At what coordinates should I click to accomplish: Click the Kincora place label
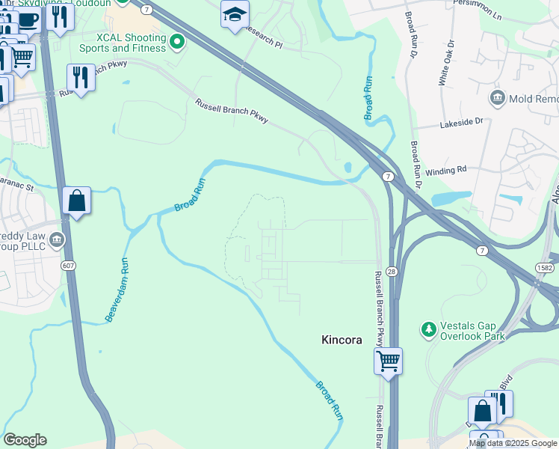pyautogui.click(x=342, y=340)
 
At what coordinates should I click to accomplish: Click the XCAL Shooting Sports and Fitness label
pyautogui.click(x=122, y=43)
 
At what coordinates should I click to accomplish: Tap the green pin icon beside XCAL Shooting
pyautogui.click(x=177, y=43)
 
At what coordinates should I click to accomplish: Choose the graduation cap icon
pyautogui.click(x=235, y=13)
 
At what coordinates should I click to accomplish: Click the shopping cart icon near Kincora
pyautogui.click(x=388, y=361)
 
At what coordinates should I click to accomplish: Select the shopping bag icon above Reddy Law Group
pyautogui.click(x=76, y=201)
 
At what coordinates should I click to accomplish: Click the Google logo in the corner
pyautogui.click(x=25, y=440)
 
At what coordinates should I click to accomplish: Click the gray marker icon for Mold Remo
pyautogui.click(x=497, y=98)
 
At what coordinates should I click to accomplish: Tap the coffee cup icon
pyautogui.click(x=28, y=20)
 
